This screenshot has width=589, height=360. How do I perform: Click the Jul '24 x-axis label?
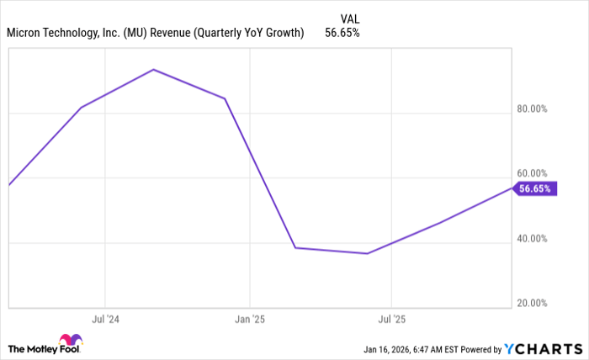[105, 320]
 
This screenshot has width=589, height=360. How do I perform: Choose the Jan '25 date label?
[249, 320]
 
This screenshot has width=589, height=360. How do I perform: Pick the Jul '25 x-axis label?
[391, 320]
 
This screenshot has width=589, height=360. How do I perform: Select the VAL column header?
[350, 18]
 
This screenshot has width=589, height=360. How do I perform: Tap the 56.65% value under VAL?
[342, 34]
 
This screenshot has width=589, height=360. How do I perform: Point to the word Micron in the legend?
[27, 34]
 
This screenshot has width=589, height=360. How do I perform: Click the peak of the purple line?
[153, 69]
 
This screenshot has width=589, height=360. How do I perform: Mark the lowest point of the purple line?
[367, 253]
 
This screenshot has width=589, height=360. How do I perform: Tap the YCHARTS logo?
[541, 348]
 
